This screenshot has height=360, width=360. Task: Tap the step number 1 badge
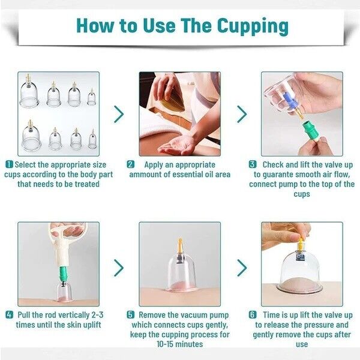pos(10,164)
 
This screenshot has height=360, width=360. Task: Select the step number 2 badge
pos(131,164)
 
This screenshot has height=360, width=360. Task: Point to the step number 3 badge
pos(253,164)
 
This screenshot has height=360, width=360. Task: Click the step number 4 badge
pos(10,314)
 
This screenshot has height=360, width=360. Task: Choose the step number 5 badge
pos(131,314)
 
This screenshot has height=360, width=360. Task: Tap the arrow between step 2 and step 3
pos(241,114)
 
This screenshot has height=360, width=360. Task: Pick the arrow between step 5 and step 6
pos(241,267)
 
